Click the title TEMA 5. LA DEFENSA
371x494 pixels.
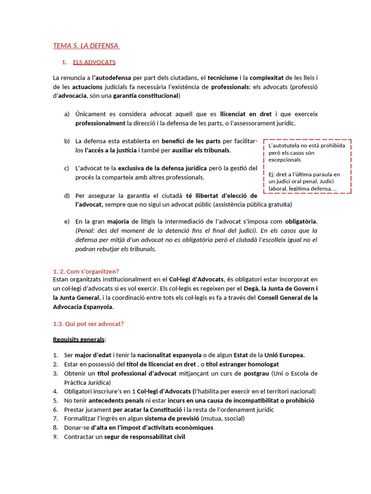coord(86,46)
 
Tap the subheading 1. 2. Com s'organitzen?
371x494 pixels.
coord(86,271)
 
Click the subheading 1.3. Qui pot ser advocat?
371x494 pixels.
coord(88,323)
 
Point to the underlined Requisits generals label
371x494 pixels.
coord(80,339)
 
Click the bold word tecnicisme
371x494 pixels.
coord(222,78)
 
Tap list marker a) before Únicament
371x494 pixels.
coord(67,114)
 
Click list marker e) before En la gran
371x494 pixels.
coord(67,221)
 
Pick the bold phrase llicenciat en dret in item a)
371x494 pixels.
coord(246,114)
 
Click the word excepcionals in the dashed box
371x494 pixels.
coord(285,159)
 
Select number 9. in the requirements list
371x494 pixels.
coord(56,437)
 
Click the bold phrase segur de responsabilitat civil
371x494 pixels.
coord(144,437)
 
